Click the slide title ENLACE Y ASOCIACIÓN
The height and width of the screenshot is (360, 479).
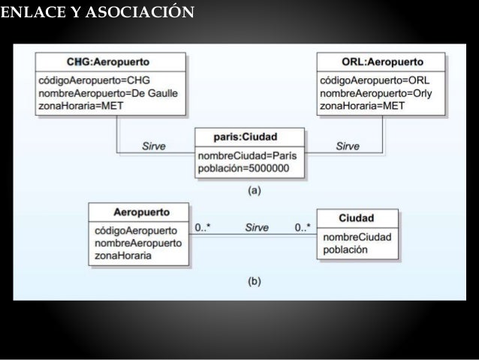coord(98,12)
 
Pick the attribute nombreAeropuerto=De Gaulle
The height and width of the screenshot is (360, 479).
coord(106,92)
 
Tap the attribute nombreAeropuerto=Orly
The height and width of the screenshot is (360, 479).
coord(376,92)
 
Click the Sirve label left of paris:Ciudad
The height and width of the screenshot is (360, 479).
coord(154,146)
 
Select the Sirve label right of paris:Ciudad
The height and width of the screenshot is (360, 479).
coord(348,146)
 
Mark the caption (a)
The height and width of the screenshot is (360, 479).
coord(255,190)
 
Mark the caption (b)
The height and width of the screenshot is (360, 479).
coord(255,283)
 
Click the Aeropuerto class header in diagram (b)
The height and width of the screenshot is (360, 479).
coord(140,213)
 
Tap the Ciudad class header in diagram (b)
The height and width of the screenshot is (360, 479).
coord(357,218)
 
